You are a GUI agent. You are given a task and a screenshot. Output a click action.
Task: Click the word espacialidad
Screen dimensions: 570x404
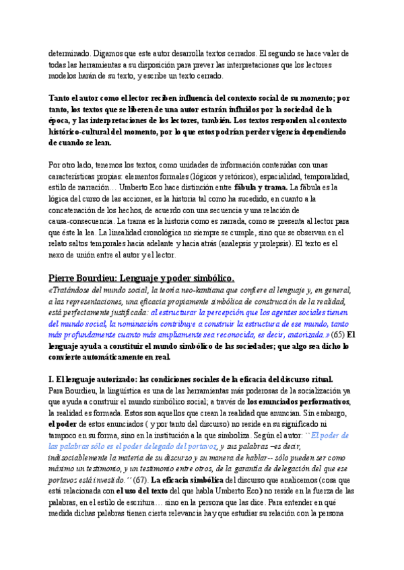coord(262,173)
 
